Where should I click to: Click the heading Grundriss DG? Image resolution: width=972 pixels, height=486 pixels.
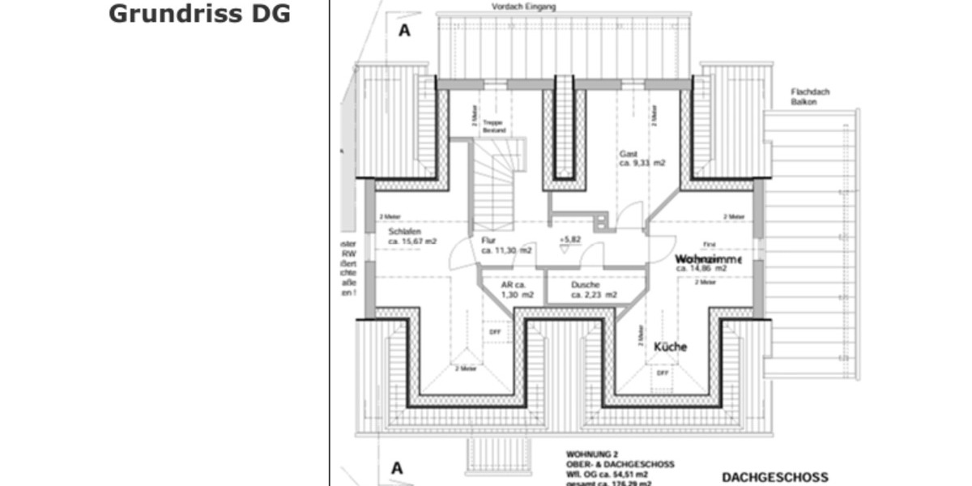click(x=199, y=14)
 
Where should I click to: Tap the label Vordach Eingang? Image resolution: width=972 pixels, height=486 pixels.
click(x=523, y=6)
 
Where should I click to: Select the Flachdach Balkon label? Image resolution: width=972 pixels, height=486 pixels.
click(x=810, y=97)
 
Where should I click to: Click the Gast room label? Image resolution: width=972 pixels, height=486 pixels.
click(x=629, y=153)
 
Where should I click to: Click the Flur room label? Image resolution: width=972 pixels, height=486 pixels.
click(x=488, y=241)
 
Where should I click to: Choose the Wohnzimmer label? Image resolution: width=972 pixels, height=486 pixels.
click(x=708, y=259)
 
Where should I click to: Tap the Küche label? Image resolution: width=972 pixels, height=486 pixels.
click(x=670, y=347)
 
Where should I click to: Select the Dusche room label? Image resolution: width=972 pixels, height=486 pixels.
click(x=585, y=285)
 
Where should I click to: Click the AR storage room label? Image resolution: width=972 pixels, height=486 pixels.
click(x=514, y=285)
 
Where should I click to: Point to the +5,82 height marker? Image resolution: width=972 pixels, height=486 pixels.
click(x=570, y=241)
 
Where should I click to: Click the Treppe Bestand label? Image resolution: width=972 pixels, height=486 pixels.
click(x=493, y=126)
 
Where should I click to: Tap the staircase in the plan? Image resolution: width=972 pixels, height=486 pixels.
click(x=492, y=186)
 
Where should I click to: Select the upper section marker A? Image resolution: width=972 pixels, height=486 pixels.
click(x=404, y=31)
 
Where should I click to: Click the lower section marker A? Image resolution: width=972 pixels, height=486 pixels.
click(x=397, y=467)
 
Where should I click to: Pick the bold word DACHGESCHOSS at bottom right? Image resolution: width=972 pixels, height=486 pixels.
click(x=775, y=477)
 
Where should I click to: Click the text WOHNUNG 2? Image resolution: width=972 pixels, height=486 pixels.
click(x=592, y=455)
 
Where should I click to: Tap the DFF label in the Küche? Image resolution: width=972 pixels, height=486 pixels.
click(x=662, y=373)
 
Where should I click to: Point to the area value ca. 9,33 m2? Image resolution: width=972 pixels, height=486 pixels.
click(x=642, y=163)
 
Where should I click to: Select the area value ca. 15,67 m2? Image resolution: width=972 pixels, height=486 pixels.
click(x=412, y=241)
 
